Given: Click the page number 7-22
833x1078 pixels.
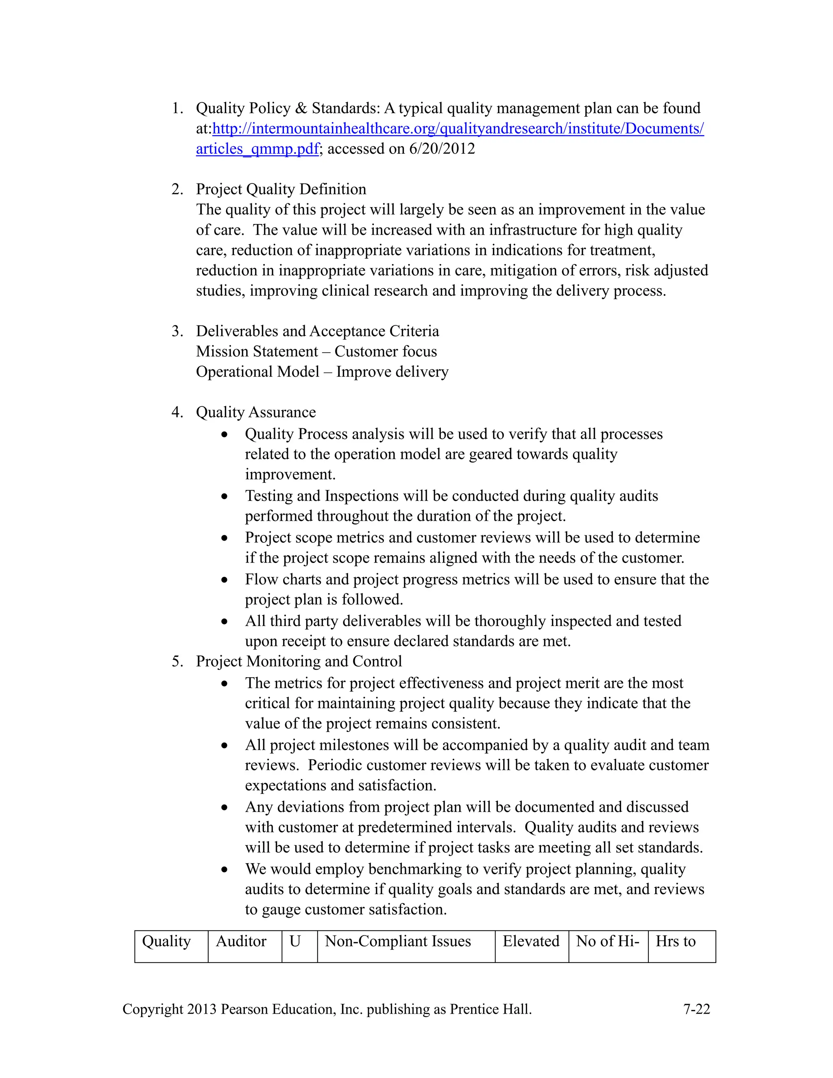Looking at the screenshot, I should coord(696,1009).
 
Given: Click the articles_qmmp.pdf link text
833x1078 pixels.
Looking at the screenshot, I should coord(257,149).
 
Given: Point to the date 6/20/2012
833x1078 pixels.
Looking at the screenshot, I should coord(442,149).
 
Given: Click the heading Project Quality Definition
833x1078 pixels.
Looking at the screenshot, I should coord(281,190).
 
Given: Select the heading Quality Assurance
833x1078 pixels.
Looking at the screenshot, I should coord(255,412).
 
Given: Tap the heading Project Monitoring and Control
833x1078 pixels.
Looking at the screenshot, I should coord(299,661).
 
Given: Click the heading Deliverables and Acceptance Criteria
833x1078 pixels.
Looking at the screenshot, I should coord(317,331).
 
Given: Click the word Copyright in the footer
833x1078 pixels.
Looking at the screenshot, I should coord(153,1009).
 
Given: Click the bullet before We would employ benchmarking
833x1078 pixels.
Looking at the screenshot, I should coord(225,870).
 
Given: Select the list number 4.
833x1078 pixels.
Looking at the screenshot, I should coord(177,412).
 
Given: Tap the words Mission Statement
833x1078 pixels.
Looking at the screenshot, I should coord(257,351).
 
